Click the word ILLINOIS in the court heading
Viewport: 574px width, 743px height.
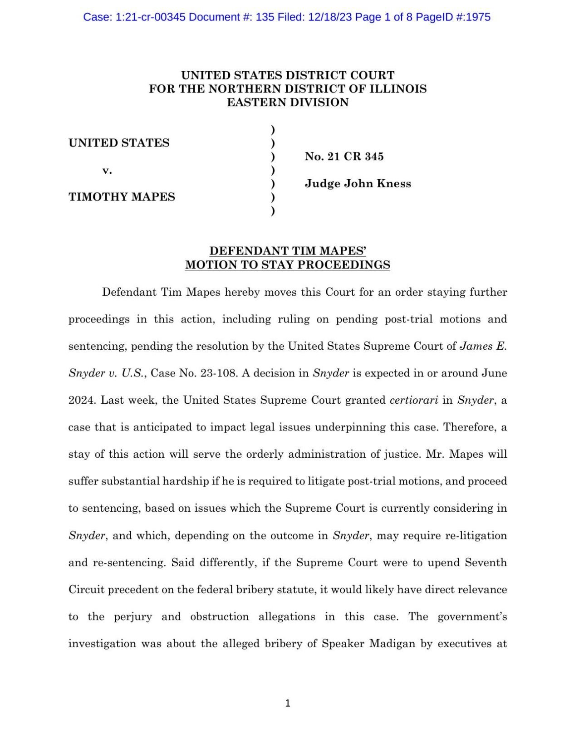pos(398,89)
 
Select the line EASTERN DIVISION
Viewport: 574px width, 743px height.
pos(288,103)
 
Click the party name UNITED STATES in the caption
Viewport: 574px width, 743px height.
pos(119,143)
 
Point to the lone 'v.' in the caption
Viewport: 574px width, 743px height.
pos(107,171)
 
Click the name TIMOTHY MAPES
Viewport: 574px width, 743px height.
pos(122,197)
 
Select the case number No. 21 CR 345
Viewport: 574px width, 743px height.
pos(344,156)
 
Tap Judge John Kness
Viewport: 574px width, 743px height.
pos(358,184)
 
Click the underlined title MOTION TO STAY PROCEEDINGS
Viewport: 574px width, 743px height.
pos(288,265)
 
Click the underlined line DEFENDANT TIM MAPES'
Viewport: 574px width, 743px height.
pos(288,251)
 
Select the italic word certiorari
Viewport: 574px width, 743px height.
pos(414,400)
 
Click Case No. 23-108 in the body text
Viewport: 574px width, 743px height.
pos(194,373)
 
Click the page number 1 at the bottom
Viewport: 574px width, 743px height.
pos(287,703)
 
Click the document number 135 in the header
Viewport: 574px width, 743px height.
pos(265,17)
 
